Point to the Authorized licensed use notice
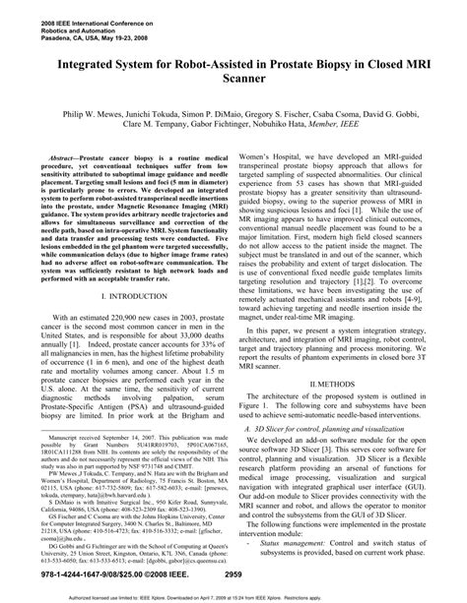pos(233,595)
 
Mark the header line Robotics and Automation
pos(54,25)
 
